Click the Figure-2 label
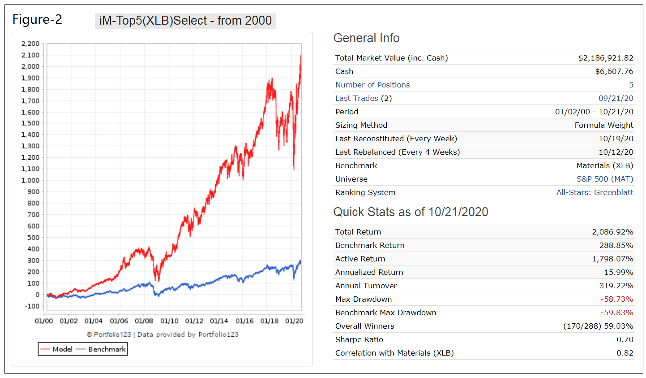[x=37, y=20]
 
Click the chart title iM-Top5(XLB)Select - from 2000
[x=185, y=21]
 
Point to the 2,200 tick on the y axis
[x=30, y=44]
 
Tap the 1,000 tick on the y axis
[x=30, y=180]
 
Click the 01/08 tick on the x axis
[x=144, y=321]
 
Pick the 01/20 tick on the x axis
[x=295, y=321]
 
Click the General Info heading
[x=366, y=38]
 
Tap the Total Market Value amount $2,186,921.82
[x=606, y=58]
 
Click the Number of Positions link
[x=372, y=85]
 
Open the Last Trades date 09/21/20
[x=616, y=98]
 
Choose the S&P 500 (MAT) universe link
[x=605, y=179]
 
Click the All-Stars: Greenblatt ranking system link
[x=595, y=192]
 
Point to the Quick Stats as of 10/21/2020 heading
[x=411, y=212]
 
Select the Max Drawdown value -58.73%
[x=617, y=299]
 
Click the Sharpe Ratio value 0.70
[x=625, y=339]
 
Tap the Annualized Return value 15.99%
[x=619, y=272]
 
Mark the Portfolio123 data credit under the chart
[x=163, y=335]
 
